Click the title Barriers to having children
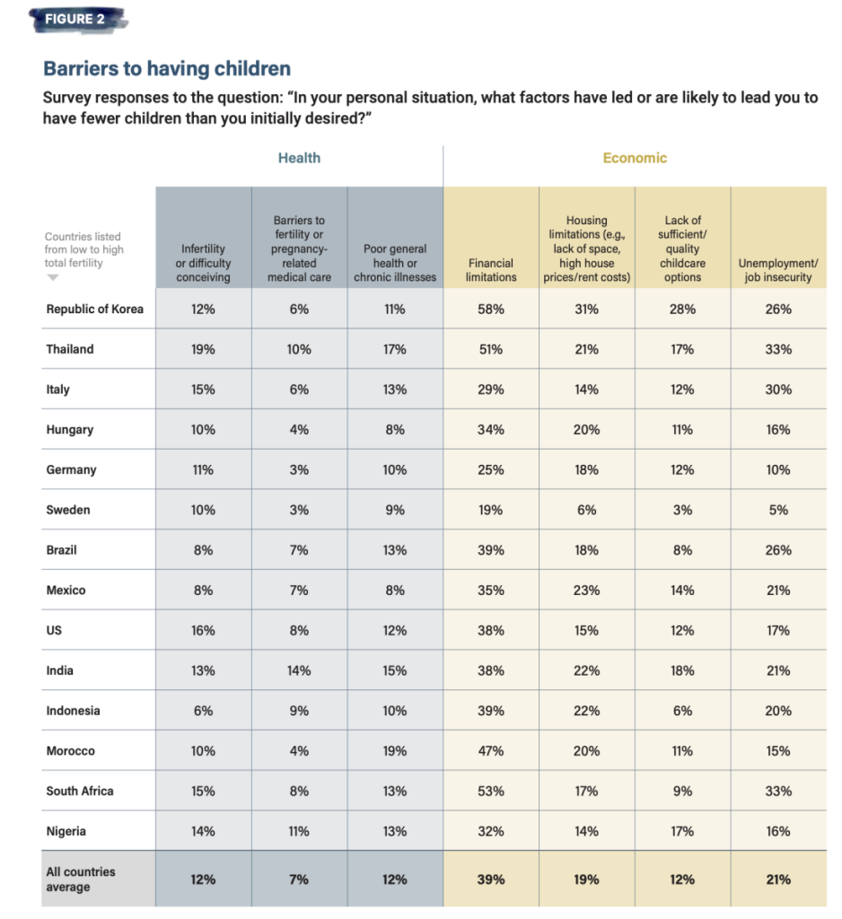click(167, 68)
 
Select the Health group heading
click(299, 158)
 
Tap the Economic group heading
click(635, 158)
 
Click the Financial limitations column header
click(491, 270)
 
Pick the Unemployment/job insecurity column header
click(778, 270)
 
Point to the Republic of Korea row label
click(95, 309)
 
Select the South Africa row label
click(80, 791)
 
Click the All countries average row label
click(81, 879)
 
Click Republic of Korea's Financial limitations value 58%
click(491, 309)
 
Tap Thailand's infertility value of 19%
click(203, 349)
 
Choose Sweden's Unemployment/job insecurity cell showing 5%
click(778, 510)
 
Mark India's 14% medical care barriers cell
click(299, 670)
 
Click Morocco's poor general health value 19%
click(395, 750)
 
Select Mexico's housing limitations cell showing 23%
click(587, 590)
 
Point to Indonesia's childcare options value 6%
click(682, 710)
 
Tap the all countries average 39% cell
click(491, 880)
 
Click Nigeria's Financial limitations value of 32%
click(491, 831)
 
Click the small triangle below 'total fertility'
click(53, 278)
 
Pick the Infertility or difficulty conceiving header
click(203, 263)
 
